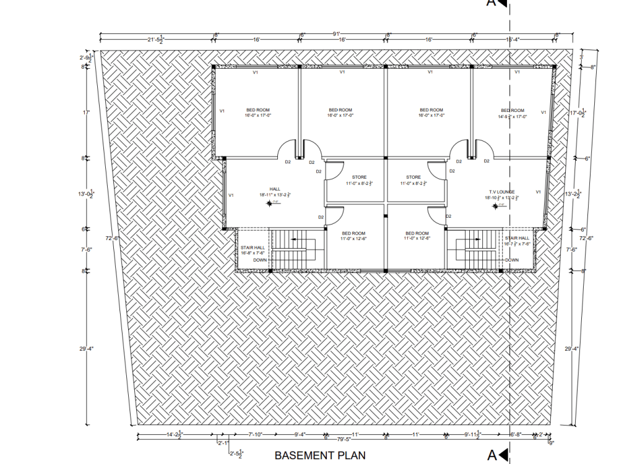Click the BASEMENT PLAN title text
tap(320, 456)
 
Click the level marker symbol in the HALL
tap(269, 204)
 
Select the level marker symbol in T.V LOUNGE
tap(495, 207)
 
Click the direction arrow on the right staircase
tap(474, 239)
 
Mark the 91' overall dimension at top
tap(336, 33)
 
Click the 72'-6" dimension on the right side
tap(586, 238)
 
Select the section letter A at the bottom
tap(491, 456)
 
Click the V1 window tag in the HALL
tap(231, 195)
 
